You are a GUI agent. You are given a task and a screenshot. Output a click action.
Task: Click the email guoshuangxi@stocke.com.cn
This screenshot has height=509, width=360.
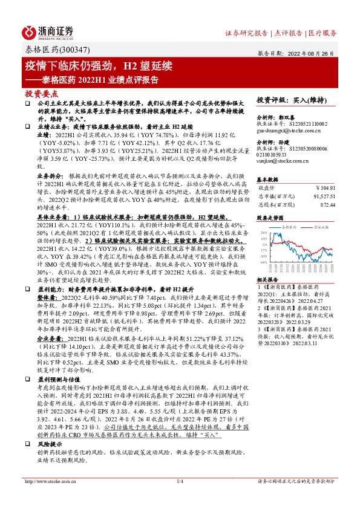287,129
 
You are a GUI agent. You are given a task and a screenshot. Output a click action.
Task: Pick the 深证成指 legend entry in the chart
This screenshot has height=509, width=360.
318,228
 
